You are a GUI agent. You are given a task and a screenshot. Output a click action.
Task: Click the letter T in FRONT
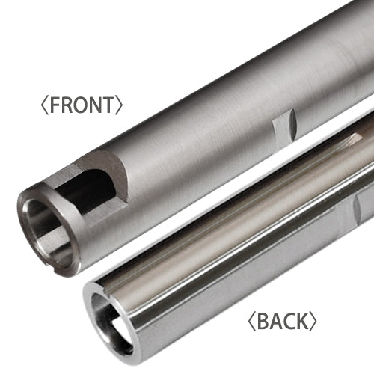click(109, 105)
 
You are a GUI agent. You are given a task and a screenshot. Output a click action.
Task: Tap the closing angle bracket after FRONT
click(120, 105)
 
